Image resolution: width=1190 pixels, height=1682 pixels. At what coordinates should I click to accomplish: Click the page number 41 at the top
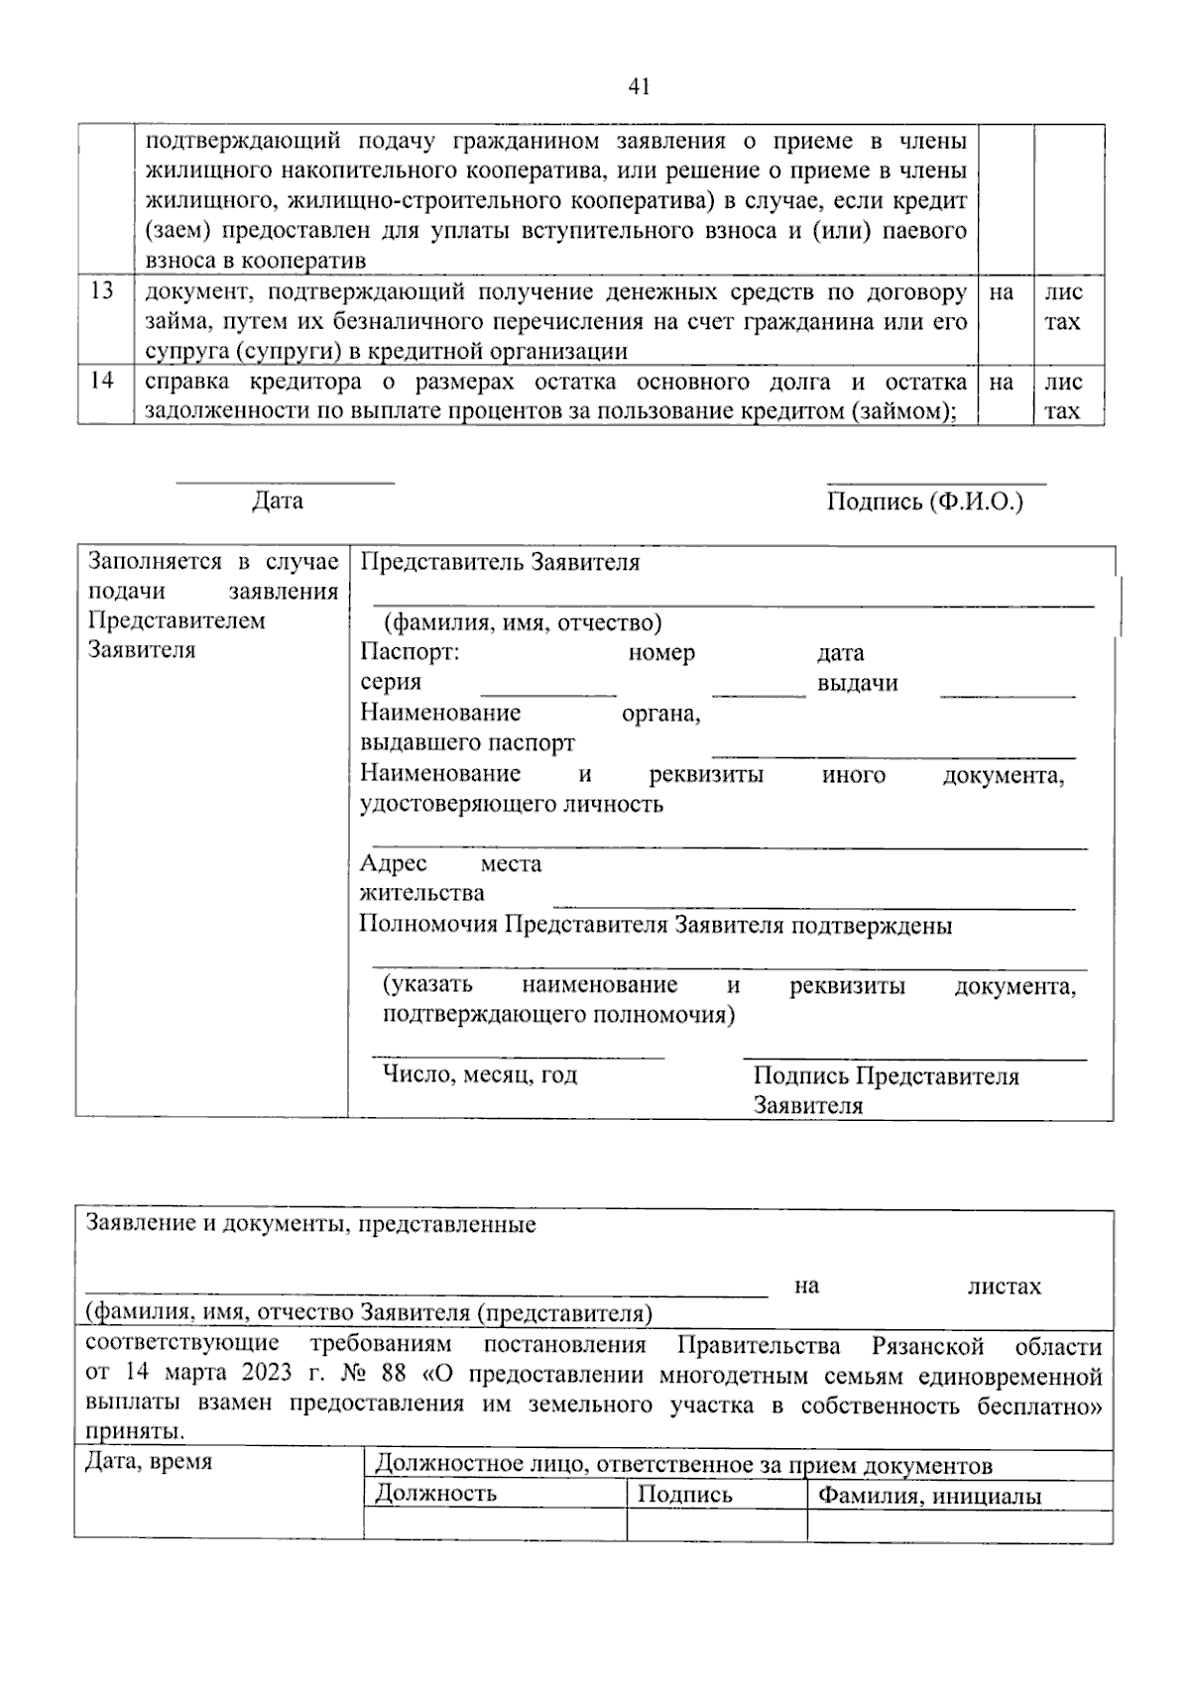(639, 87)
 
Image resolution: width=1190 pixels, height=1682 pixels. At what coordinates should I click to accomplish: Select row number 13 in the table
(102, 291)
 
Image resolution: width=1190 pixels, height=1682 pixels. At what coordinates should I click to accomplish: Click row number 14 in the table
(102, 381)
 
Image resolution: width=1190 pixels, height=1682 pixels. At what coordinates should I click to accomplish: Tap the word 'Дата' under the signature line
(278, 501)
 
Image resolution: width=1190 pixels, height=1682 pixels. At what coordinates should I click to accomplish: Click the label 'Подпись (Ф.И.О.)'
(924, 502)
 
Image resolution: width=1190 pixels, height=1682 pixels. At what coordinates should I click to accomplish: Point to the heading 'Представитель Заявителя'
(500, 563)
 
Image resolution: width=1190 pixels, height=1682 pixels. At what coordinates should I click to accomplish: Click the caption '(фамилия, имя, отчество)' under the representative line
(523, 623)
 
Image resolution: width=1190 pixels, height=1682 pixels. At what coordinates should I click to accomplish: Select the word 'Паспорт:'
(410, 653)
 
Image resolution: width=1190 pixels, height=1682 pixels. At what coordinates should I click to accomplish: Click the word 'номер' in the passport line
(661, 653)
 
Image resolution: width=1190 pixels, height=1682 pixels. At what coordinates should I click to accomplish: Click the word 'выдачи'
(858, 683)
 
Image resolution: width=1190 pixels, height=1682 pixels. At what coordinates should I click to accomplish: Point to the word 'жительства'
(422, 893)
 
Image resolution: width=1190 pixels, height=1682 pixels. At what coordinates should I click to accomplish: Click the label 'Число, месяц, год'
(481, 1074)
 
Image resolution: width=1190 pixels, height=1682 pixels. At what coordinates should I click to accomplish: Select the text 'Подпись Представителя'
(887, 1076)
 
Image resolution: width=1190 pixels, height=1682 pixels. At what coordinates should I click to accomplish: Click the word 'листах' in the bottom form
(1005, 1287)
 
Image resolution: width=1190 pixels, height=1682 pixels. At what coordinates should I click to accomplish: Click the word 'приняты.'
(135, 1432)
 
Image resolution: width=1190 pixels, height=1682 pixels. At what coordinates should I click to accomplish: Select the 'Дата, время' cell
(149, 1462)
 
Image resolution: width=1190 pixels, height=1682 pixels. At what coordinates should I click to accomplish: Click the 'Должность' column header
(436, 1494)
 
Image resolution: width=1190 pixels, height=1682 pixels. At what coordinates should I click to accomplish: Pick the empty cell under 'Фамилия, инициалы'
(959, 1526)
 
